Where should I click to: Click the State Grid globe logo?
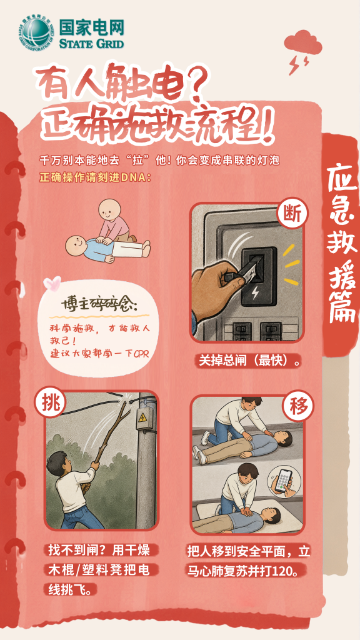pyautogui.click(x=36, y=32)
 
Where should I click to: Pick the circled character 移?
pyautogui.click(x=298, y=408)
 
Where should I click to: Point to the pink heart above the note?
pyautogui.click(x=52, y=282)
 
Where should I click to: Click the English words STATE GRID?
pyautogui.click(x=91, y=43)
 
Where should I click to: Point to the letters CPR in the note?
pyautogui.click(x=142, y=354)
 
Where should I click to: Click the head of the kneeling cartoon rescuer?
pyautogui.click(x=110, y=209)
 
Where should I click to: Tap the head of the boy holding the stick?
pyautogui.click(x=57, y=463)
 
